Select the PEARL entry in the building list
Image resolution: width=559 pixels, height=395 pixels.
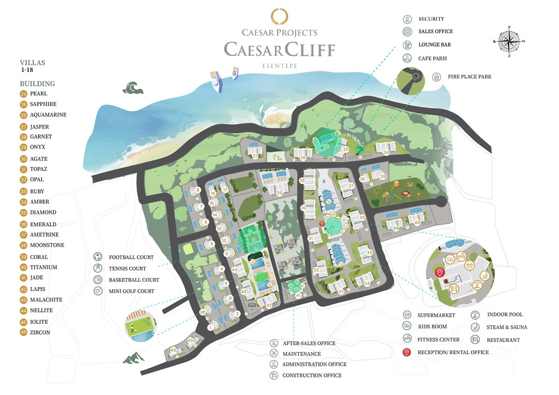[39, 94]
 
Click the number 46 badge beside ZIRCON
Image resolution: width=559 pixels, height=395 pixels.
[23, 333]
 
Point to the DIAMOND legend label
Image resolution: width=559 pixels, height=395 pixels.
[43, 212]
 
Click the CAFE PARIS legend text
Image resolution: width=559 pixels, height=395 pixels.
[433, 59]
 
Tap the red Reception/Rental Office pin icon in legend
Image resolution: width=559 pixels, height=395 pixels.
[407, 352]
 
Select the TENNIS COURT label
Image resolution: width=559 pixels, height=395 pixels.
[127, 269]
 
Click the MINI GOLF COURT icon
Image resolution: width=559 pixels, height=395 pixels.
[98, 291]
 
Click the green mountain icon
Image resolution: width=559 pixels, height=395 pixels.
[133, 358]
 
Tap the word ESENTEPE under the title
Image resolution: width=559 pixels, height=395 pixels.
[279, 66]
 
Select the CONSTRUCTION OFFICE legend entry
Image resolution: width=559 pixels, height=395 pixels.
[312, 375]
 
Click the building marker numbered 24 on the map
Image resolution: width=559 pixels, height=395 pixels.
[387, 152]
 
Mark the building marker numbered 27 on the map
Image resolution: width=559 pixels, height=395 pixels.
[255, 156]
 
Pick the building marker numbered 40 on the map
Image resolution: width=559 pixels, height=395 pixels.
[417, 222]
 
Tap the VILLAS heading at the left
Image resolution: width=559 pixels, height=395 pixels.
[32, 62]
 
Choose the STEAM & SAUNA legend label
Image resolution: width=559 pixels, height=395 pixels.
[507, 327]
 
